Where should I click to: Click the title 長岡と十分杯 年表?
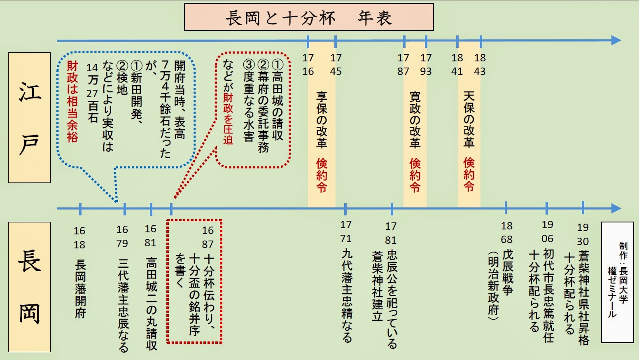(x=309, y=17)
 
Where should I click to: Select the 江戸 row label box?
(x=29, y=117)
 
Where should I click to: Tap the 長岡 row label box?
(x=29, y=287)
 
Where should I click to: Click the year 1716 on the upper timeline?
(x=308, y=65)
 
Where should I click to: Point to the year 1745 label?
(x=336, y=65)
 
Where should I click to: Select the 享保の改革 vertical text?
(x=322, y=119)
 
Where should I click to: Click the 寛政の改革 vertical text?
(x=415, y=119)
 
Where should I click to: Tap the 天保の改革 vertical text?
(x=469, y=119)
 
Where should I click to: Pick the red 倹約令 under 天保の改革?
(x=469, y=174)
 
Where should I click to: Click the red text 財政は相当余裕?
(x=72, y=101)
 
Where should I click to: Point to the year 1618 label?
(x=79, y=238)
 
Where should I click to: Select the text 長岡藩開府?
(x=81, y=288)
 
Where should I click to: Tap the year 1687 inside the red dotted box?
(x=208, y=237)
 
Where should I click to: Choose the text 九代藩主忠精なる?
(x=347, y=295)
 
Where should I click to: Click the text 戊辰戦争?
(x=508, y=272)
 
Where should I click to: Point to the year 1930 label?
(x=583, y=234)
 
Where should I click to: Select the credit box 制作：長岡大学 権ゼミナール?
(x=617, y=282)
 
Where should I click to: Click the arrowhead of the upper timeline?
(x=616, y=40)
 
